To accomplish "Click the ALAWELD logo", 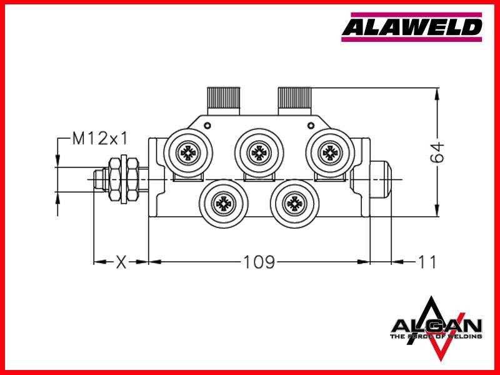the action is pos(412,27).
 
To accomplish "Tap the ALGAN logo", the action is pos(436,329).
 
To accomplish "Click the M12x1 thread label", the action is pos(100,139).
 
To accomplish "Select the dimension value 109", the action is pos(259,262).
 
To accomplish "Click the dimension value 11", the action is pos(427,262).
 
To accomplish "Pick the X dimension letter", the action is pos(121,262).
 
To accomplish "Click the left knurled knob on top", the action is pos(224,101).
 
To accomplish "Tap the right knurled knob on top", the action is pos(294,101).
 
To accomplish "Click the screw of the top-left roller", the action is pos(188,152).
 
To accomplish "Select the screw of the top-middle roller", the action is pos(259,152).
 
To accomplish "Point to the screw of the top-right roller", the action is pos(330,152).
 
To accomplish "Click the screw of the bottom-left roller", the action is pos(224,203).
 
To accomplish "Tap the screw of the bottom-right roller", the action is pos(294,203).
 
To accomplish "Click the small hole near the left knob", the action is pos(207,126).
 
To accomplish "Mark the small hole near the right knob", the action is pos(311,126).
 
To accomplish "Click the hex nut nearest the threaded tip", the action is pos(114,179).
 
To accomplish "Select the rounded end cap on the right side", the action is pos(381,179).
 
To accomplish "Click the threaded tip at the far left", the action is pos(99,179).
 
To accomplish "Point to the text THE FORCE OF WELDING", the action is pos(436,336).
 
